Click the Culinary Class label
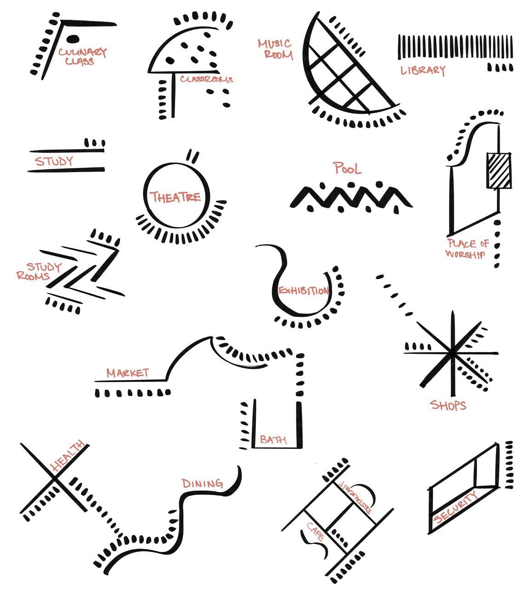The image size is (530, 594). point(82,56)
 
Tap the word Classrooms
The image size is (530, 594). point(206,79)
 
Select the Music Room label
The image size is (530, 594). point(275,49)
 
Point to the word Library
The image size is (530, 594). point(422,70)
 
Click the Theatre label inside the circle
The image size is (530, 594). point(175,197)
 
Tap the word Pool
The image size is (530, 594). point(348,168)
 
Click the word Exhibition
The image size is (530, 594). point(304,291)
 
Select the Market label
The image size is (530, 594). point(127,373)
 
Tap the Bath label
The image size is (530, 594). point(273,439)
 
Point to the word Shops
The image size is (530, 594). point(448,405)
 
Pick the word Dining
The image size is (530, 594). point(202,483)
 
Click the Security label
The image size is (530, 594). point(456,506)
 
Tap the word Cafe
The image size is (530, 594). point(316,531)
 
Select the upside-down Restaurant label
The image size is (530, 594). point(356,497)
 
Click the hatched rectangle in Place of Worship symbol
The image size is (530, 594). point(499,170)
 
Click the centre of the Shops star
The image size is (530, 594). point(453,353)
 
